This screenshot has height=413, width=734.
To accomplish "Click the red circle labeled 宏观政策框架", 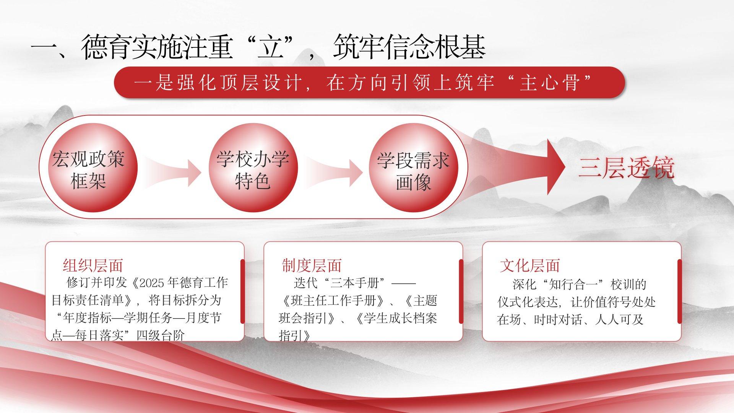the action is coord(93,167).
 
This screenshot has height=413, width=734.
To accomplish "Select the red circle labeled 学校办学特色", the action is coord(253,167).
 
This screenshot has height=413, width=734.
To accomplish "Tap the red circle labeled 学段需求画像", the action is coord(414,167).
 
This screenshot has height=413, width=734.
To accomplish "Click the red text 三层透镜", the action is coord(626,168).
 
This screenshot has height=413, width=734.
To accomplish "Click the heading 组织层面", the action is coord(93,265).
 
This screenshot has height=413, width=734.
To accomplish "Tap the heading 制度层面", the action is coord(312,265).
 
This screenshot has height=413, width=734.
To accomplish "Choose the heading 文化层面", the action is coord(530,265).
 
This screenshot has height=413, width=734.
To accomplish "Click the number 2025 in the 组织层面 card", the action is coord(152,283).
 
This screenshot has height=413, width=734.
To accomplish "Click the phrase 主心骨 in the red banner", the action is coord(548,83).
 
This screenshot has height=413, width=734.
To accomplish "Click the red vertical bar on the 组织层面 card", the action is coord(242,291).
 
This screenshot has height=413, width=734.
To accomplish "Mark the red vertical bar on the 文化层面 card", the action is coord(679,291).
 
